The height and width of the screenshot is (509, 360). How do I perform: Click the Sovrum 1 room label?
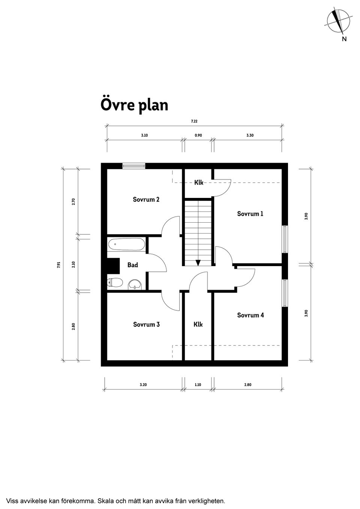pyautogui.click(x=250, y=214)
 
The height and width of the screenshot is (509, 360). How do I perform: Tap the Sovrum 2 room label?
pyautogui.click(x=146, y=199)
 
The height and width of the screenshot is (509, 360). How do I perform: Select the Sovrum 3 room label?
pyautogui.click(x=146, y=325)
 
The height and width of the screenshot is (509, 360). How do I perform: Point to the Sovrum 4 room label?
pyautogui.click(x=250, y=315)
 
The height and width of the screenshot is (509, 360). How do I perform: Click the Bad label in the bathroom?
pyautogui.click(x=132, y=265)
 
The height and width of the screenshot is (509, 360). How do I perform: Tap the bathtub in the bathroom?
pyautogui.click(x=126, y=244)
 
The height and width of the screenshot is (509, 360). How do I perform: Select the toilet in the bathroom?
pyautogui.click(x=115, y=283)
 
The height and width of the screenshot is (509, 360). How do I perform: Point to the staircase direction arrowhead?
pyautogui.click(x=198, y=263)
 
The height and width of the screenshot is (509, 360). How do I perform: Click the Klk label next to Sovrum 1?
pyautogui.click(x=199, y=182)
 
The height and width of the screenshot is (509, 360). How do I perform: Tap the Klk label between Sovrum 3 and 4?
pyautogui.click(x=198, y=324)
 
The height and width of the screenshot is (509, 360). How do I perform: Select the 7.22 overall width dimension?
pyautogui.click(x=194, y=121)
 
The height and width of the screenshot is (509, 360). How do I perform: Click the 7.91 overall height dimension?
pyautogui.click(x=58, y=265)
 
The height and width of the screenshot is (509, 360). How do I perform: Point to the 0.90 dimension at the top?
pyautogui.click(x=198, y=135)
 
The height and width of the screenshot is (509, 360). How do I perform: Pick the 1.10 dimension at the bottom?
pyautogui.click(x=198, y=385)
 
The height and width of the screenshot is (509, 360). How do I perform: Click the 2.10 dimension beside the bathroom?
pyautogui.click(x=73, y=265)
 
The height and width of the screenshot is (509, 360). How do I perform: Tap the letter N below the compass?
pyautogui.click(x=344, y=39)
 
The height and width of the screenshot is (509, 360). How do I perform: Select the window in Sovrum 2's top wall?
pyautogui.click(x=133, y=166)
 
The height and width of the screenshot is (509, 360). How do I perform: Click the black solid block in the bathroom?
pyautogui.click(x=113, y=266)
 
